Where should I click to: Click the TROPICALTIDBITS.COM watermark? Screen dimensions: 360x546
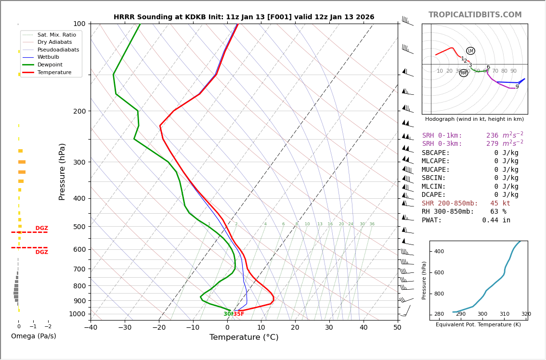pos(475,15)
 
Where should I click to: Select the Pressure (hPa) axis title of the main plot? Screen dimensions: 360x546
pos(62,171)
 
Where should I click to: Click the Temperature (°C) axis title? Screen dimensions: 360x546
pos(244,338)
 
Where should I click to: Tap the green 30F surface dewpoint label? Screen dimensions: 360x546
pos(229,314)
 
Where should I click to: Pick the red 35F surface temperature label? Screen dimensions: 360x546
pos(239,314)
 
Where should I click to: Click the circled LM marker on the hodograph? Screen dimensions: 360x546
pos(470,51)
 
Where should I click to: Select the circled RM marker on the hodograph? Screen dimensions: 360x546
pos(464,73)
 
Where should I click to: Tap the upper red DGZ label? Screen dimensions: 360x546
pos(41,229)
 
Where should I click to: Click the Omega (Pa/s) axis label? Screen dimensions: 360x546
pos(33,336)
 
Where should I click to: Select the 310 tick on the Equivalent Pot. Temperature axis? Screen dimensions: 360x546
pos(504,314)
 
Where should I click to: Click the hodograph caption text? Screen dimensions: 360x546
pos(474,119)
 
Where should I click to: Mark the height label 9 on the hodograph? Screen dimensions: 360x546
pos(517,87)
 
